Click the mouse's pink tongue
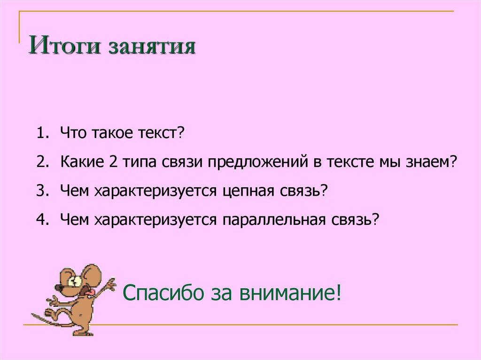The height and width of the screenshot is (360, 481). [94, 292]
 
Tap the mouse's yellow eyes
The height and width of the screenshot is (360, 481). [75, 280]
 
